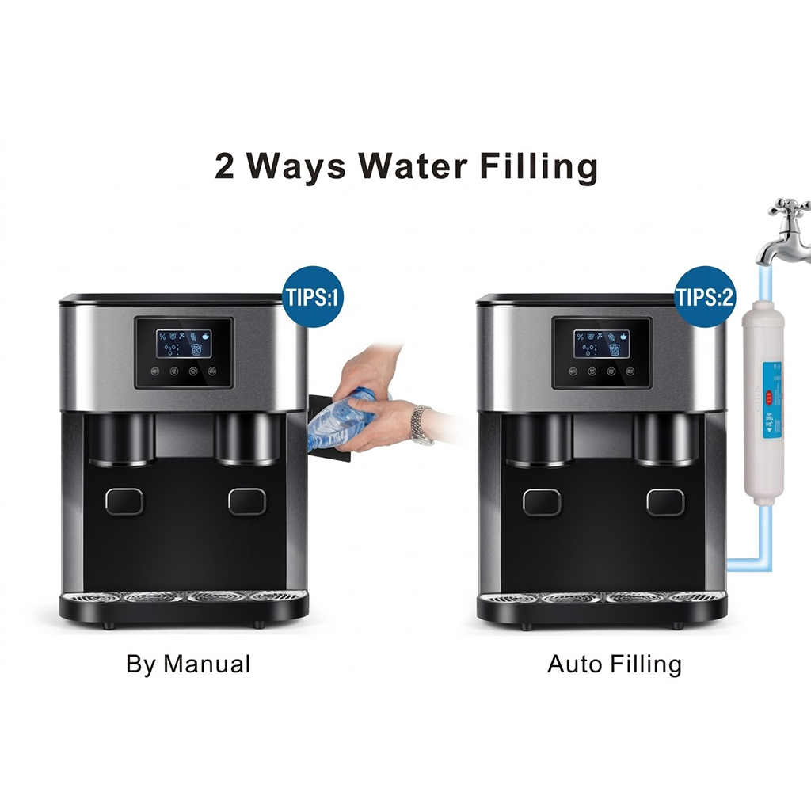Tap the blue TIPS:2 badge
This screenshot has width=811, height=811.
pyautogui.click(x=704, y=298)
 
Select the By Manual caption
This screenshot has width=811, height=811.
pyautogui.click(x=188, y=664)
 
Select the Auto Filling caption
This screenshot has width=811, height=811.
pyautogui.click(x=614, y=664)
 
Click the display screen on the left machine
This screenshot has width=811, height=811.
pyautogui.click(x=184, y=344)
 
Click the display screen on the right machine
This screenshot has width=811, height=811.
pyautogui.click(x=602, y=344)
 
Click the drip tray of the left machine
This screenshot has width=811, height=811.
pyautogui.click(x=184, y=598)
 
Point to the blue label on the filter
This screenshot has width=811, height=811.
pyautogui.click(x=767, y=400)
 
